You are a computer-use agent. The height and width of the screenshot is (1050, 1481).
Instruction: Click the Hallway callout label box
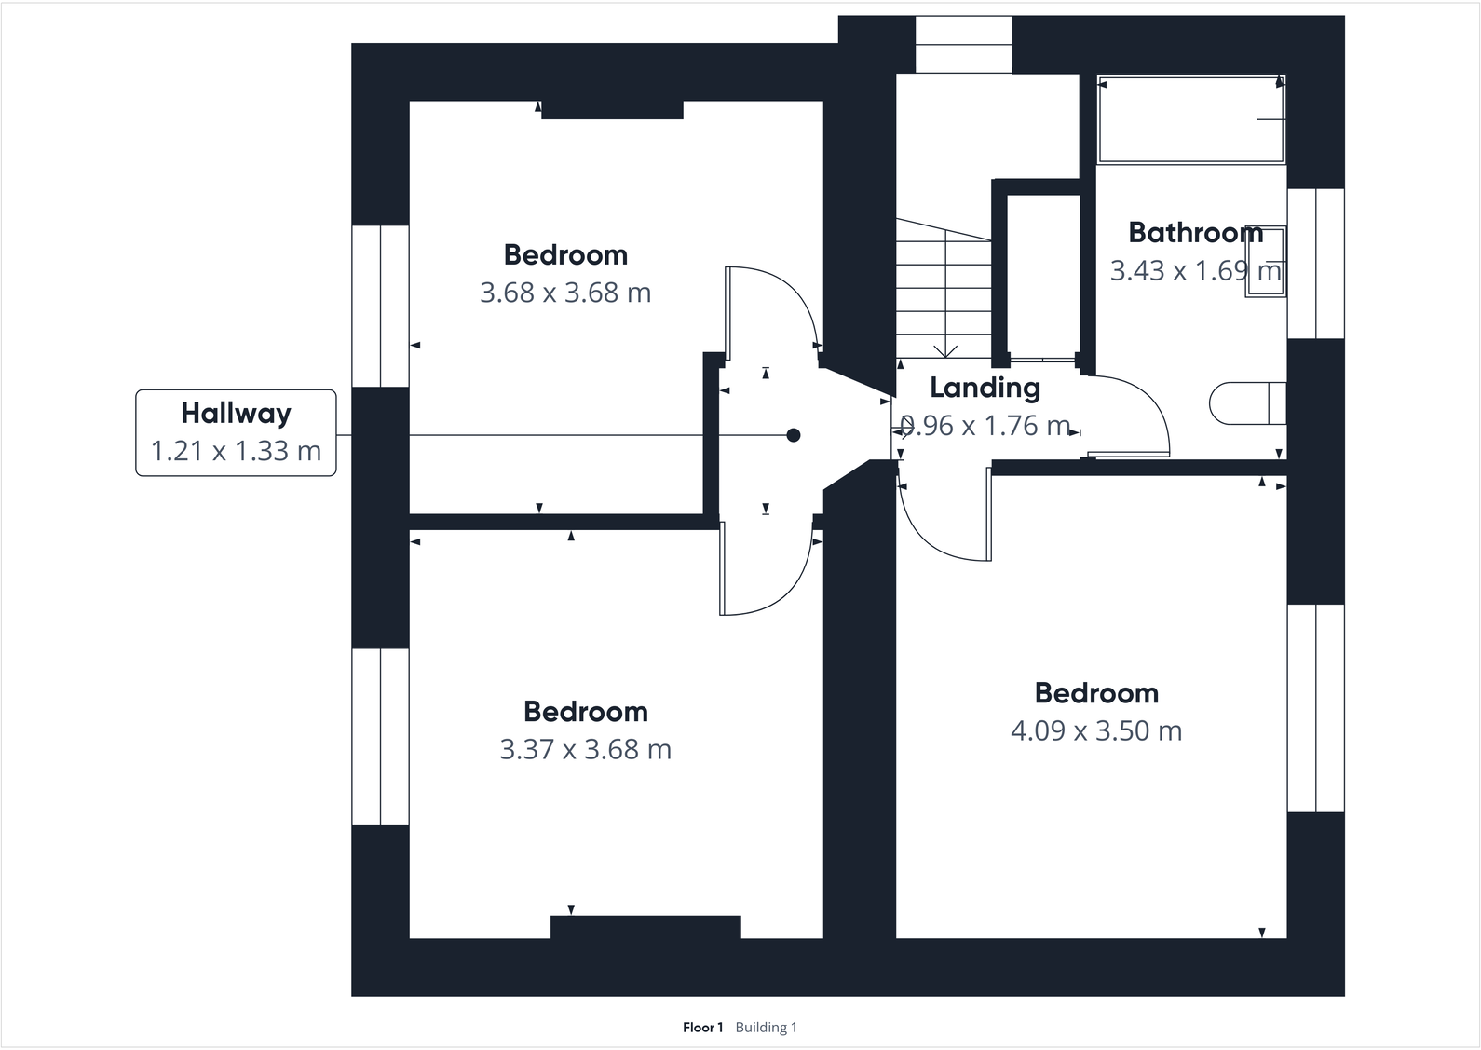coord(236,432)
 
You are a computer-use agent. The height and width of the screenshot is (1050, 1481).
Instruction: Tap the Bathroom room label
coord(1195,232)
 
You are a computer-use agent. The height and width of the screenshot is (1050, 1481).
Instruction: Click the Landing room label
coord(985,389)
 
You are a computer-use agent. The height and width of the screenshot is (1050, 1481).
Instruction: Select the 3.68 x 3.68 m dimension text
coord(565,293)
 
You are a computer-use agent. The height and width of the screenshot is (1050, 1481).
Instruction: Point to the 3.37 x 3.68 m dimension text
coord(585,749)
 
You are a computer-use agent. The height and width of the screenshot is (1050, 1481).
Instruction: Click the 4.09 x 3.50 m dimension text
coord(1096,730)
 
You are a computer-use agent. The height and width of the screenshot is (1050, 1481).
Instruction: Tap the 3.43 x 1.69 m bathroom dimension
coord(1195,270)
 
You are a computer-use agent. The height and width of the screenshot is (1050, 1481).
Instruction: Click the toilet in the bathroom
coord(1247,402)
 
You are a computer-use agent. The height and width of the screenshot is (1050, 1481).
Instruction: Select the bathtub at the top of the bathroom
coord(1190,119)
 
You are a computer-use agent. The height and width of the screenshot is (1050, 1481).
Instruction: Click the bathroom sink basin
coord(1266,262)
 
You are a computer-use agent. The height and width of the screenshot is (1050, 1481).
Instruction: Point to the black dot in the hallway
coord(794,435)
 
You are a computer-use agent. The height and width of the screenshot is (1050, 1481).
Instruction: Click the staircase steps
coord(944,288)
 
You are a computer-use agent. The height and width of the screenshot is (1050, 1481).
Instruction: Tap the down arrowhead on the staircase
coord(946,351)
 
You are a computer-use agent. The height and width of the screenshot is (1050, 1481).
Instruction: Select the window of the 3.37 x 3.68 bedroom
coord(380,737)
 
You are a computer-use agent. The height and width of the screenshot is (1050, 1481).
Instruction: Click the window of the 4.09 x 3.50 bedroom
coord(1316,708)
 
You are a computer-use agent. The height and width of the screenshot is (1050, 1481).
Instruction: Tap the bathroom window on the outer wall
coord(1316,264)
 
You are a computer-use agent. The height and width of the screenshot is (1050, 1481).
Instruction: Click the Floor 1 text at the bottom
coord(702,1027)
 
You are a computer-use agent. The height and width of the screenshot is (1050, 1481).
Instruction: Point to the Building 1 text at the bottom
coord(767,1027)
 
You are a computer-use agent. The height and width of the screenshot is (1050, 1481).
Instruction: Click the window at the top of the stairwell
coord(964,45)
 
